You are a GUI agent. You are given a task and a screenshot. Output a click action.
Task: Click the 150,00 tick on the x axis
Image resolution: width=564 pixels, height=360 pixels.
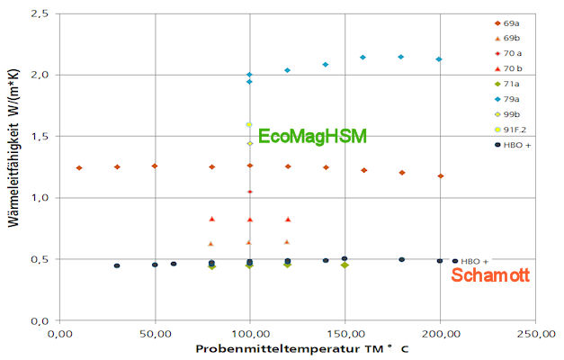(345, 334)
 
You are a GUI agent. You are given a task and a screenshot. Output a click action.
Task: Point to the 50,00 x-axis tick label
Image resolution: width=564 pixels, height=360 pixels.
(155, 334)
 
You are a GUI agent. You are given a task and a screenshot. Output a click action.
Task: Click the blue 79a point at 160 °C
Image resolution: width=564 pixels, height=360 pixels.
(363, 58)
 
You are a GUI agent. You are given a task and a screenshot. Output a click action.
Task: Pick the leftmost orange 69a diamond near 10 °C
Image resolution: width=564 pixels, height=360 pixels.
(79, 167)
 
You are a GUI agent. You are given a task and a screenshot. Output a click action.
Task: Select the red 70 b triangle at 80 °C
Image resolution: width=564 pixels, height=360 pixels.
(211, 219)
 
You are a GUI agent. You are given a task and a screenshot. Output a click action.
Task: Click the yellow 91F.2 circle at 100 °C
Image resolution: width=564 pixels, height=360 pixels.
(249, 125)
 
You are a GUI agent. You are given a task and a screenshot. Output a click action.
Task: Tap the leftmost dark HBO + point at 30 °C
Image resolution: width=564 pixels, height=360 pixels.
(117, 265)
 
